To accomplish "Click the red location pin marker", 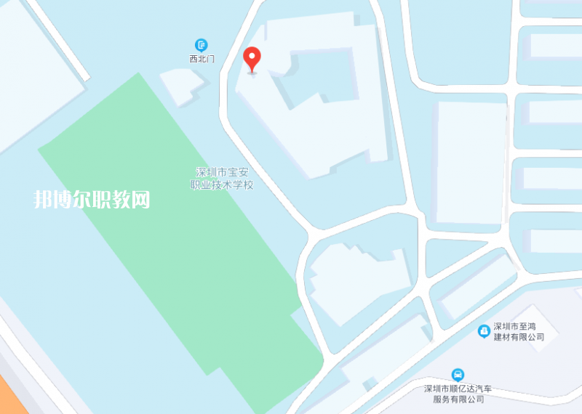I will pyautogui.click(x=252, y=58).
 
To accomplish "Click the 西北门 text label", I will pyautogui.click(x=201, y=57).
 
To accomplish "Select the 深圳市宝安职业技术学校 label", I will pyautogui.click(x=225, y=179).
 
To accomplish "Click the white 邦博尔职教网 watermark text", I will pyautogui.click(x=92, y=200).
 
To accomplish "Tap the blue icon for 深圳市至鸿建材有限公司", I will pyautogui.click(x=483, y=331).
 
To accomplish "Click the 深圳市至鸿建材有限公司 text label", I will pyautogui.click(x=519, y=331).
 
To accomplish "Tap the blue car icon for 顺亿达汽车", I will pyautogui.click(x=458, y=375).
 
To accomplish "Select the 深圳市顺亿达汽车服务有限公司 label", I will pyautogui.click(x=458, y=394).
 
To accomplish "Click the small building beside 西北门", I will pyautogui.click(x=182, y=86).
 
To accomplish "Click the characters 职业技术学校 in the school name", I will pyautogui.click(x=225, y=185).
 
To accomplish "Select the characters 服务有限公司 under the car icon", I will pyautogui.click(x=458, y=399).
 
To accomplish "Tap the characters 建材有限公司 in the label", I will pyautogui.click(x=519, y=337).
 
